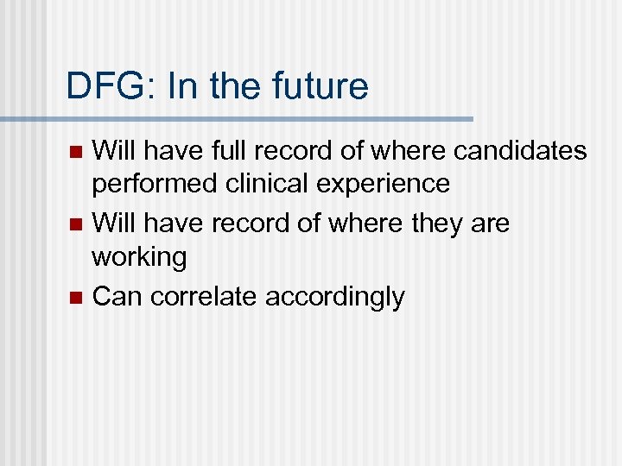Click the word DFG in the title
coord(98,86)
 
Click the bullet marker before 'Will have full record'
coord(75,153)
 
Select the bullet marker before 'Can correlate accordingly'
coord(75,298)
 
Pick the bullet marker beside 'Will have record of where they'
coord(75,225)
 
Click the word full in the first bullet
coord(215,152)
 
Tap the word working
coord(139,257)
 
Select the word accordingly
coord(335,298)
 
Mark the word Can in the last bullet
coord(117,297)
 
